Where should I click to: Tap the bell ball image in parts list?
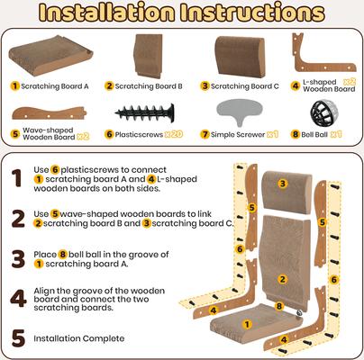coord(322,113)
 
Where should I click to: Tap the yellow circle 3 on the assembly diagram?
coord(282,184)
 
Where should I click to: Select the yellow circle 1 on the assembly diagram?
coord(249,322)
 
